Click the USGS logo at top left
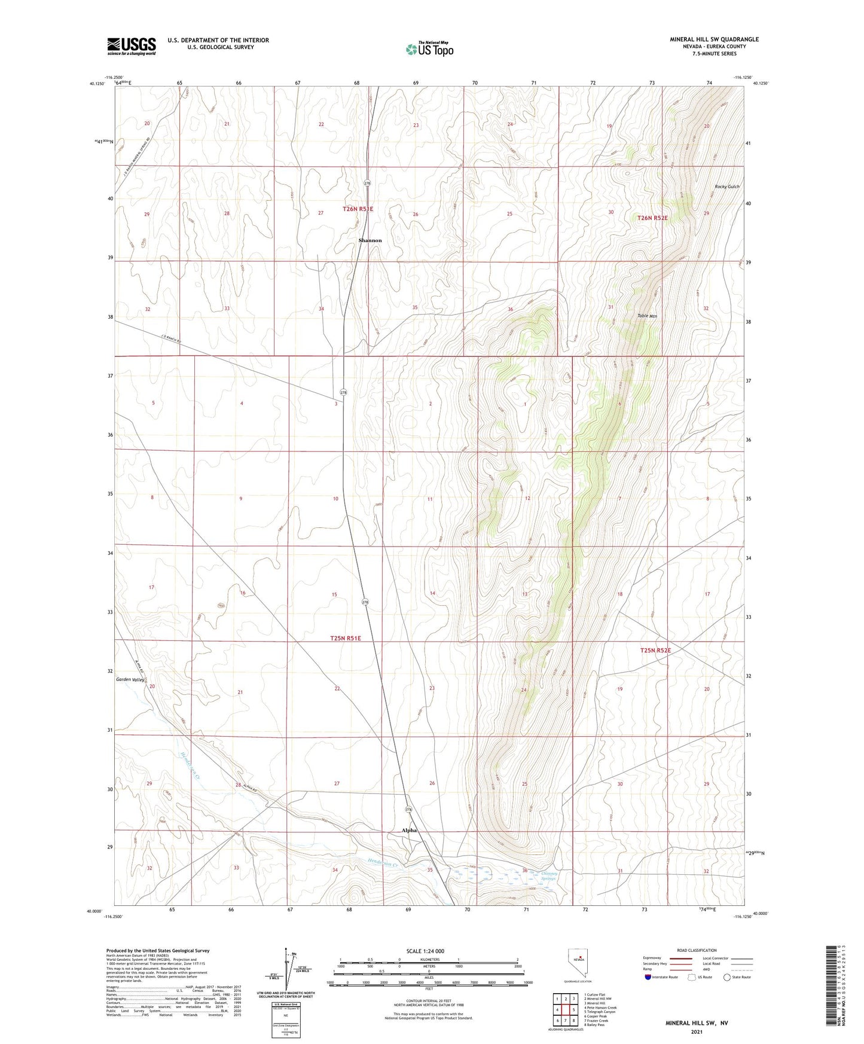tap(131, 46)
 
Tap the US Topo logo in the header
tap(429, 49)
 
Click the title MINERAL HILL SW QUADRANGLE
tap(714, 39)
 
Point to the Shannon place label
tap(370, 240)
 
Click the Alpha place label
tap(409, 831)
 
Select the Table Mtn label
tap(647, 316)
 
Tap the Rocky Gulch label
tap(727, 187)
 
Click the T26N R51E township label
tap(358, 209)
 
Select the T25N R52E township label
tap(655, 650)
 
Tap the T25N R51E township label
tap(346, 638)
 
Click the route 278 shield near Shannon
tap(368, 183)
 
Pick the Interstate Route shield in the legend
tap(648, 977)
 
